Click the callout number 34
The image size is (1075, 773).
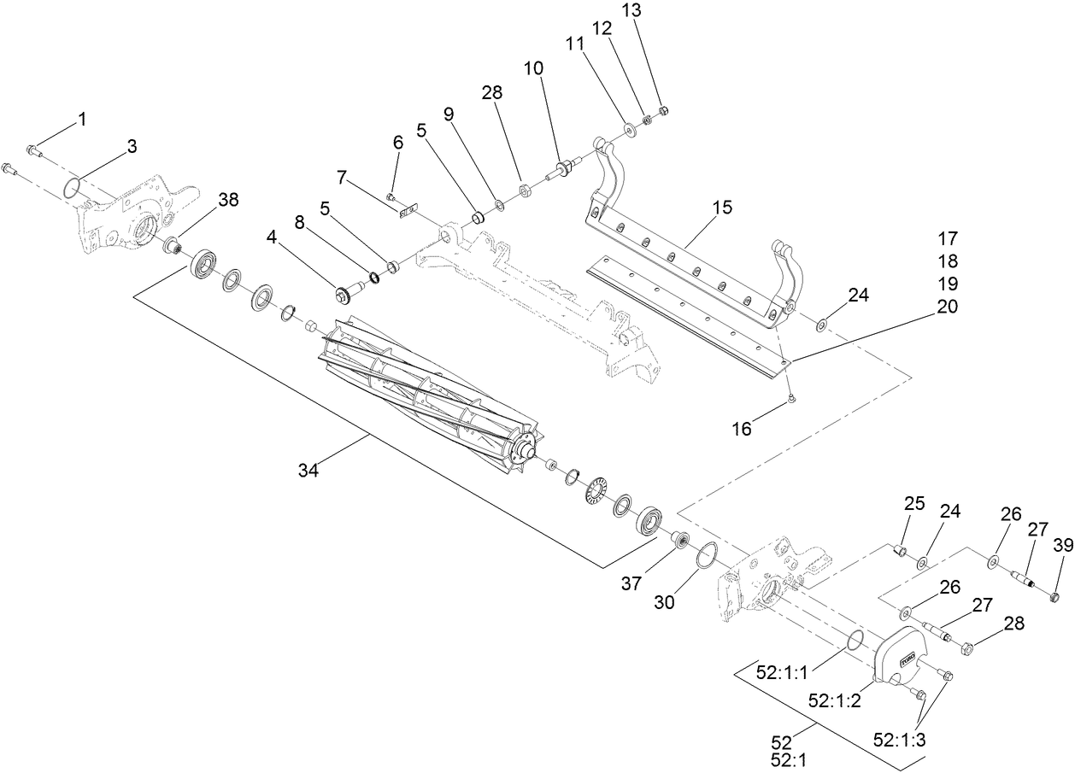click(308, 469)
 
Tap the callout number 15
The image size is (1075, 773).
click(722, 208)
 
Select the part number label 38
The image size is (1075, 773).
click(228, 200)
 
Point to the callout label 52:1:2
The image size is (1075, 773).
click(833, 700)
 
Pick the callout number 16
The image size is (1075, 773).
click(742, 428)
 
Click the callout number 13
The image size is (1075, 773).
click(655, 10)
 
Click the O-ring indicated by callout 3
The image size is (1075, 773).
click(74, 187)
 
